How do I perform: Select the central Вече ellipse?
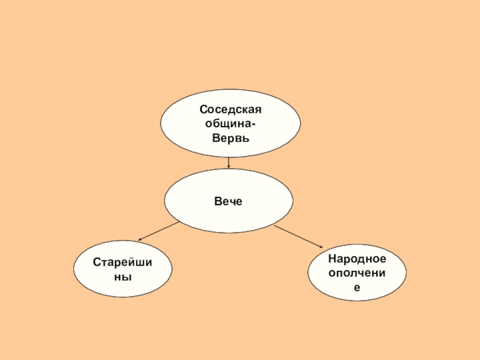(x=229, y=201)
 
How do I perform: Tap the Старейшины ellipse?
(x=121, y=270)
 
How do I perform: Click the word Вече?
(x=229, y=202)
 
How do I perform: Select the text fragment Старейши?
(x=121, y=263)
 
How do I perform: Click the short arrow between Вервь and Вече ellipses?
(x=229, y=162)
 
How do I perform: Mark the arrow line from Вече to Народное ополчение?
(x=299, y=236)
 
